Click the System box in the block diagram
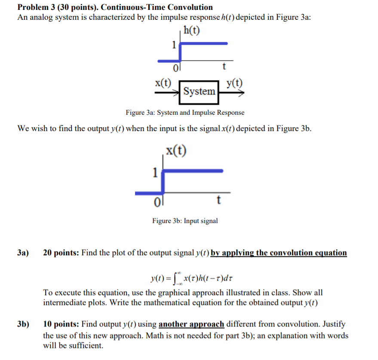pyautogui.click(x=199, y=91)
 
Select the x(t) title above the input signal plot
pyautogui.click(x=176, y=151)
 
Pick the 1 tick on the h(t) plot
pyautogui.click(x=173, y=44)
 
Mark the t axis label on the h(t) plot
pyautogui.click(x=223, y=67)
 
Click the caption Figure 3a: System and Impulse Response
pyautogui.click(x=185, y=113)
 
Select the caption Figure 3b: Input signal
pyautogui.click(x=185, y=221)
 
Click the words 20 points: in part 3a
pyautogui.click(x=61, y=253)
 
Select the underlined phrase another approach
pyautogui.click(x=191, y=324)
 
